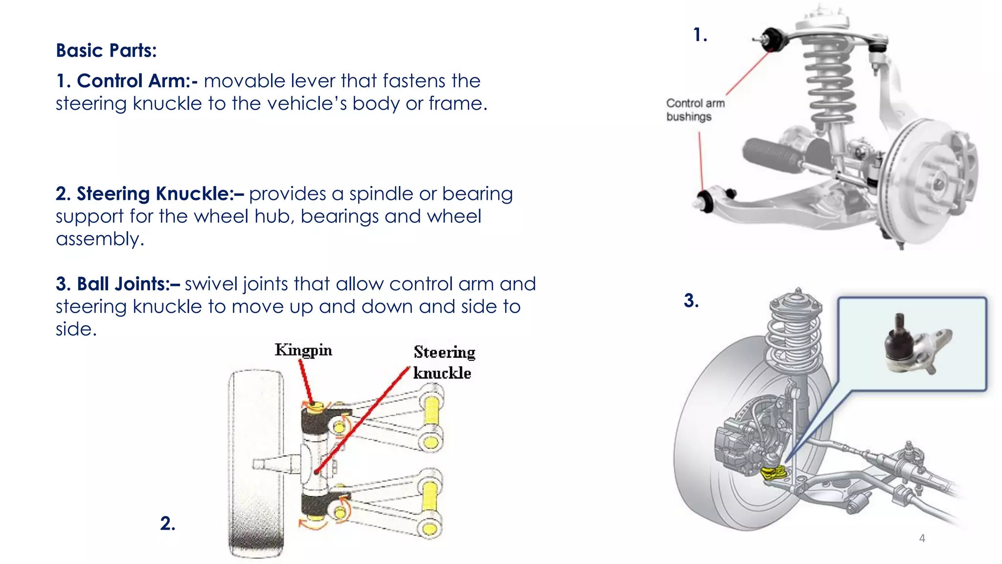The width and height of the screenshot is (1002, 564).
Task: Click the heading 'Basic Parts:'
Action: pyautogui.click(x=106, y=50)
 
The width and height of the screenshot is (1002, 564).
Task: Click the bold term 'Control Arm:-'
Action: pyautogui.click(x=137, y=81)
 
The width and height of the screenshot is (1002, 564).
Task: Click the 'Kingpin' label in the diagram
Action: pyautogui.click(x=303, y=350)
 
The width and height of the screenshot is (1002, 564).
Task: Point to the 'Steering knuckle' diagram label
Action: pyautogui.click(x=443, y=362)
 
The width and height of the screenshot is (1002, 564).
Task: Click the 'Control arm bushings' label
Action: pyautogui.click(x=695, y=110)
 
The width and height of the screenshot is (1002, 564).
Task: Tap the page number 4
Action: pyautogui.click(x=922, y=538)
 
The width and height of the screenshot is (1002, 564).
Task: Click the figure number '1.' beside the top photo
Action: pyautogui.click(x=700, y=35)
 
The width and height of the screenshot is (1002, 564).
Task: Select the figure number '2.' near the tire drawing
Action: pyautogui.click(x=167, y=523)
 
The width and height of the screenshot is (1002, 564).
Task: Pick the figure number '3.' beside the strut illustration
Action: pyautogui.click(x=691, y=301)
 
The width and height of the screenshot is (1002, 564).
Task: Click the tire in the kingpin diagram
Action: pyautogui.click(x=255, y=463)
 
